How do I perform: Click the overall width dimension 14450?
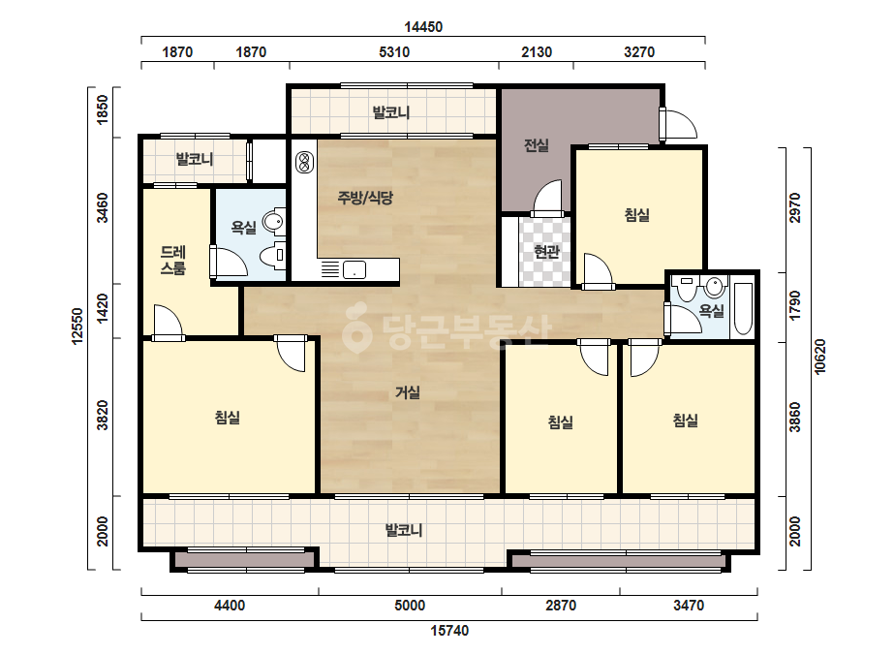pos(423,27)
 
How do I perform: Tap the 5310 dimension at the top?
pos(394,52)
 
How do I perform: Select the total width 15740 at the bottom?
pos(449,631)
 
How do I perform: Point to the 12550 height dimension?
pos(77,327)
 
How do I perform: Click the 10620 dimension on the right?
pos(819,357)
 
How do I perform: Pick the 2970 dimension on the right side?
pos(795,208)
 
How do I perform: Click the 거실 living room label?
pos(408,392)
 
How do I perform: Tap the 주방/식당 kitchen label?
pos(365,198)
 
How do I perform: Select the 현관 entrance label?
pos(546,251)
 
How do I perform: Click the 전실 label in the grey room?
pos(536,145)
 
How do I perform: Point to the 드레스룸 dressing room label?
pos(172,261)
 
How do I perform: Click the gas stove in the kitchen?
pos(304,162)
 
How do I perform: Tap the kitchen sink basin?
pos(355,269)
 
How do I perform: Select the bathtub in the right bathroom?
pos(743,308)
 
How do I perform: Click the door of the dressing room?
pos(168,323)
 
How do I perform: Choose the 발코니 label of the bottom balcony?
pos(404,531)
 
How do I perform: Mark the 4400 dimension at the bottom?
pos(230,606)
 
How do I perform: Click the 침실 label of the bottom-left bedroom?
pos(227,418)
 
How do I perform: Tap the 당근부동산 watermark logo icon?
pos(356,327)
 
